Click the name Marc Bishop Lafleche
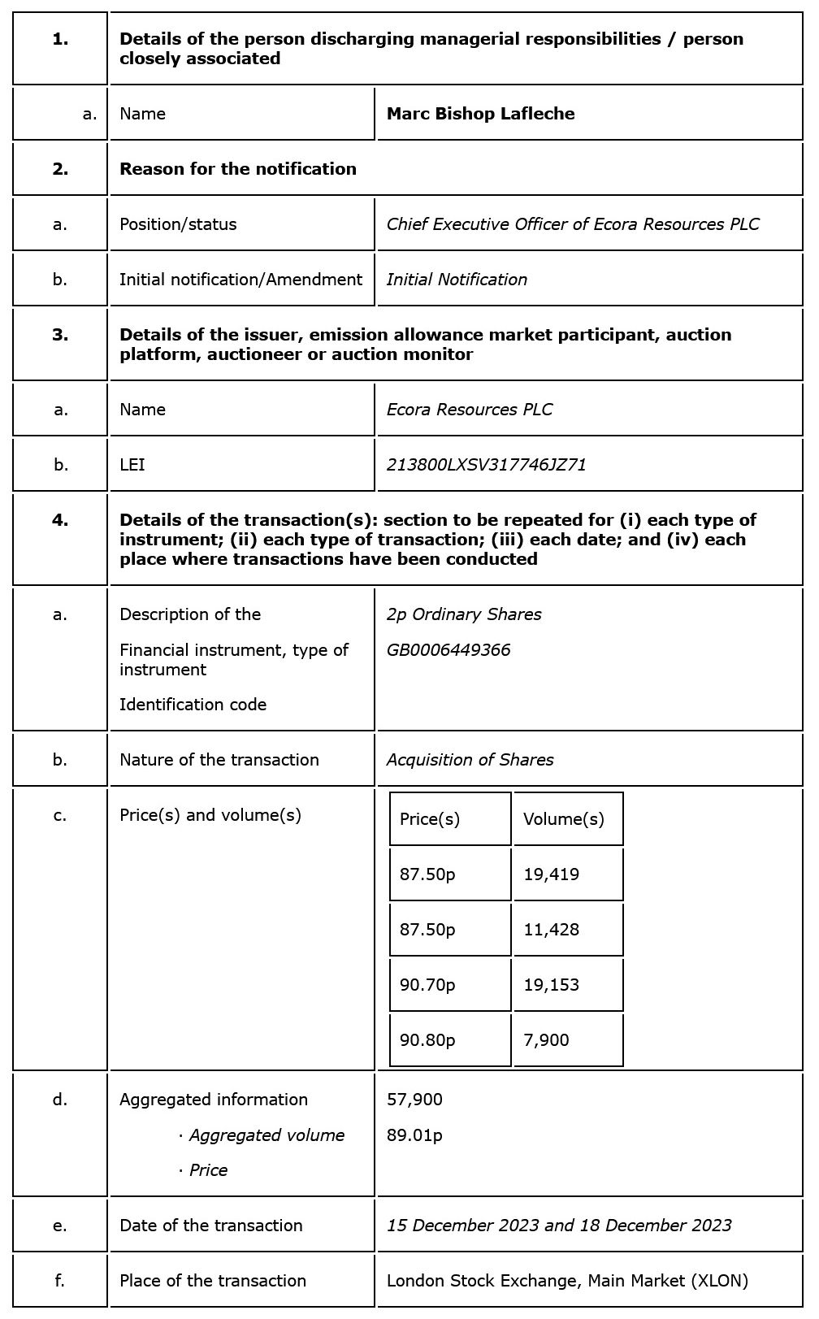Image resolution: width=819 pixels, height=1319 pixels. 480,114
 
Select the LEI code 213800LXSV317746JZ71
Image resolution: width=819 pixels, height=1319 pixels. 486,465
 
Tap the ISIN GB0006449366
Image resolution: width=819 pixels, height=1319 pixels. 448,650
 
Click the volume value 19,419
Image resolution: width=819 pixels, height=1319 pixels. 551,874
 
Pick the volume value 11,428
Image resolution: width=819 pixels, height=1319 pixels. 551,930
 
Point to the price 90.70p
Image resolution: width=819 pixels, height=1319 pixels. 427,985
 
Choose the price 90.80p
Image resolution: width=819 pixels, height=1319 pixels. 427,1040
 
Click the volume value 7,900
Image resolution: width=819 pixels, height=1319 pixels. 546,1040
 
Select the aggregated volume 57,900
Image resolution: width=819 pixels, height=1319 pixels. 414,1100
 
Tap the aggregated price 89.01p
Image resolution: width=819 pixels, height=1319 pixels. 414,1135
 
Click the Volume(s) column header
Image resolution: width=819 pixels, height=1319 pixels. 563,819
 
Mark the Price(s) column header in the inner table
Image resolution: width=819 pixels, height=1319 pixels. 429,819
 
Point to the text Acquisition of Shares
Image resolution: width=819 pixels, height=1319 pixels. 470,760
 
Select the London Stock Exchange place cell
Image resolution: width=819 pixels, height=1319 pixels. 567,1281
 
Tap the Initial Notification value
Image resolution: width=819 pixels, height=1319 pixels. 457,280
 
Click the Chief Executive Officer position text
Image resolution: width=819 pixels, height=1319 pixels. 572,224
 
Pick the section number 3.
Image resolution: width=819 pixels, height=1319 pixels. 60,335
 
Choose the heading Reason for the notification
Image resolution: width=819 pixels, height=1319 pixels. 238,169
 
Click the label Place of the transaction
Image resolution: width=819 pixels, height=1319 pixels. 213,1281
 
